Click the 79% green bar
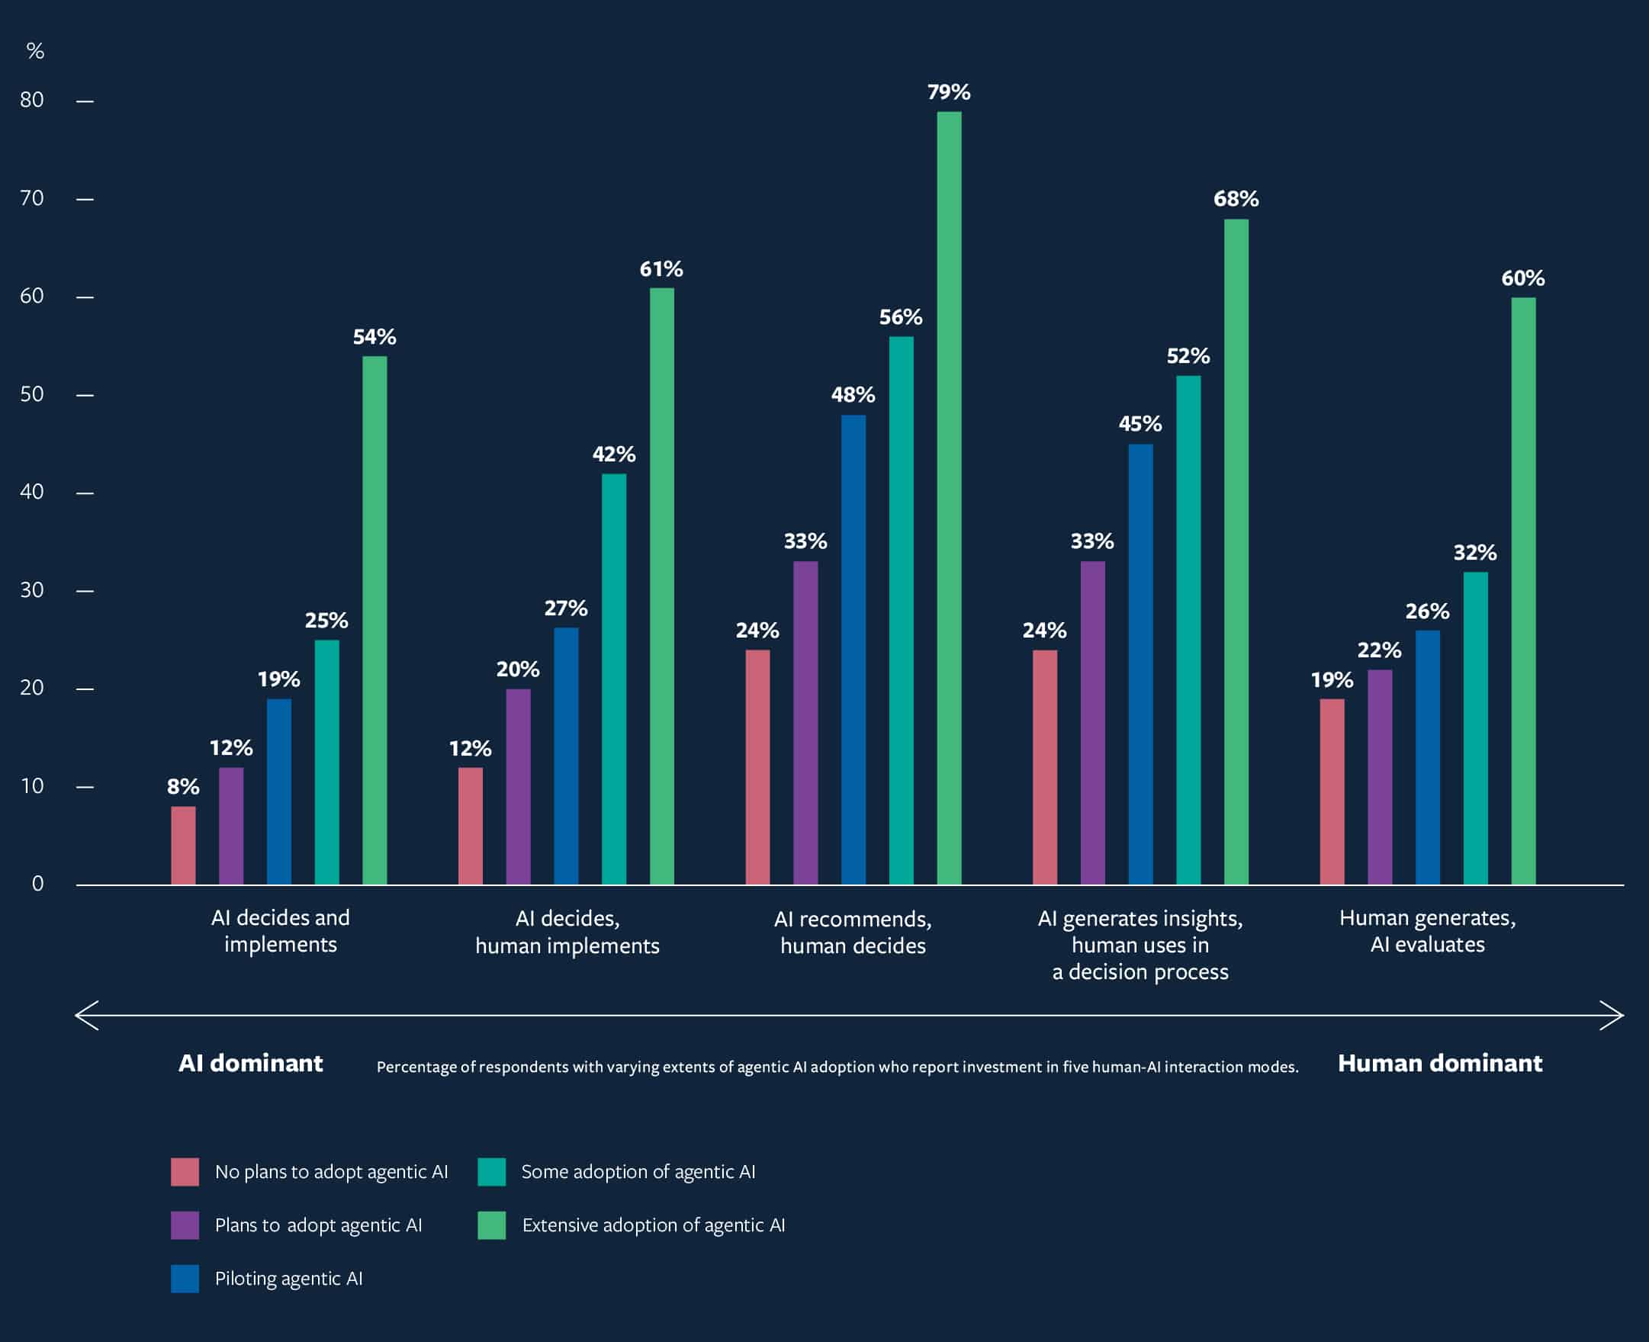(x=949, y=498)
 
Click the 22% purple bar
(x=1379, y=777)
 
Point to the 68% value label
(x=1236, y=200)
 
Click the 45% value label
(x=1140, y=424)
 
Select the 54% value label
(x=374, y=337)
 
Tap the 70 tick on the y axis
(x=33, y=199)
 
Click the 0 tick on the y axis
(x=37, y=884)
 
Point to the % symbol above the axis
(x=35, y=51)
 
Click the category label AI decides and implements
(x=280, y=931)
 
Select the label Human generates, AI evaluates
(x=1427, y=931)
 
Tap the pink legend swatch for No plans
(x=185, y=1171)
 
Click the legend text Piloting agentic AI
(x=288, y=1279)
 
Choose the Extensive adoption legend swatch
(x=492, y=1225)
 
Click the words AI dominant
(x=250, y=1064)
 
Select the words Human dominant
(x=1439, y=1064)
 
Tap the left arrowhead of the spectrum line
(x=85, y=1015)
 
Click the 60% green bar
(x=1523, y=591)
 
